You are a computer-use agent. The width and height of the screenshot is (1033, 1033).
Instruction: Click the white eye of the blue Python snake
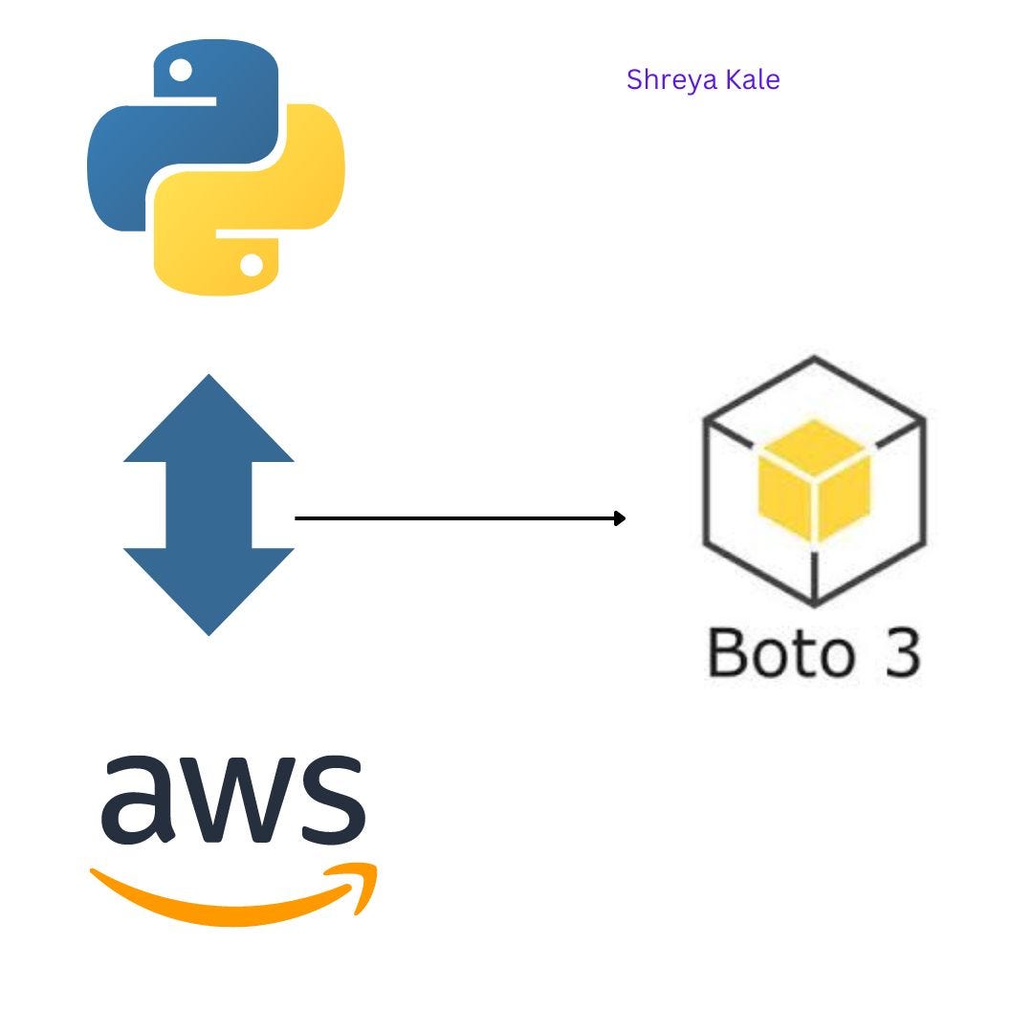[x=181, y=70]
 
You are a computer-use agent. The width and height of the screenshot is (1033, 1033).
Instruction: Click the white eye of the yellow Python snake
[x=252, y=264]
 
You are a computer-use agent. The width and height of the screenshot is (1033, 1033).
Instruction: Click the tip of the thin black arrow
[x=625, y=518]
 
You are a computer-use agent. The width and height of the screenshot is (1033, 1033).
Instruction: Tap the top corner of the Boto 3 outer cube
[x=814, y=359]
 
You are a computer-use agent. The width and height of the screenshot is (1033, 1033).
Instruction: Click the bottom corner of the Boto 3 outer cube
[x=814, y=605]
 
